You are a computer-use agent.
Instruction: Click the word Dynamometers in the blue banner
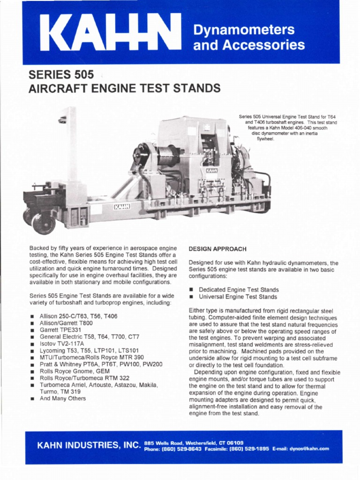click(244, 30)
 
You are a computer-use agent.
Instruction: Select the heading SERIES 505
click(61, 75)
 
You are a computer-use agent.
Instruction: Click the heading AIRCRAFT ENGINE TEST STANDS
click(124, 89)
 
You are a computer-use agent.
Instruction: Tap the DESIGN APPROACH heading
click(217, 249)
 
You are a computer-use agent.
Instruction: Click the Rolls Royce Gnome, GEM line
click(75, 371)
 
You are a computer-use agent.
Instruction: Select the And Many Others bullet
click(63, 398)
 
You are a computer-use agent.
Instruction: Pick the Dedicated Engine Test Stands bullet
click(239, 290)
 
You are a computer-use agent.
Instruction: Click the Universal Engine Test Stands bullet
click(238, 297)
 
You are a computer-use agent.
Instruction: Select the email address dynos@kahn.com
click(309, 449)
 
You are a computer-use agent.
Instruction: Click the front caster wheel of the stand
click(44, 224)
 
